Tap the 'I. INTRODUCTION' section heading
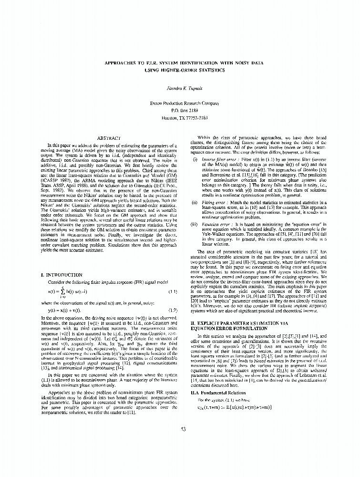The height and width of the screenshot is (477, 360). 62,275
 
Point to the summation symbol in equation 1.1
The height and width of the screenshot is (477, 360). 62,291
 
